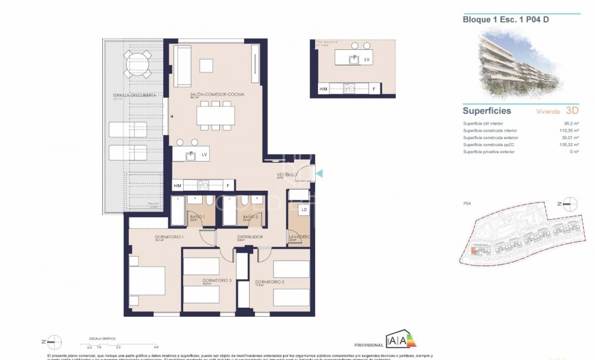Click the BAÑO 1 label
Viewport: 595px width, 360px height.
[x=197, y=217]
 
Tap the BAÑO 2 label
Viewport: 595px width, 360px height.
[x=250, y=217]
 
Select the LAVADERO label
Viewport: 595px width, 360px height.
[x=298, y=236]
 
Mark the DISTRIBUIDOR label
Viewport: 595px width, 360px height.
[x=250, y=236]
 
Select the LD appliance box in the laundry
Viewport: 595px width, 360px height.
[x=304, y=210]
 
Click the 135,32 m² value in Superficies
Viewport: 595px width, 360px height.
[x=565, y=144]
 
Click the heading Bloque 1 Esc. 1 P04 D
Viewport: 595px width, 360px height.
[x=501, y=19]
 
